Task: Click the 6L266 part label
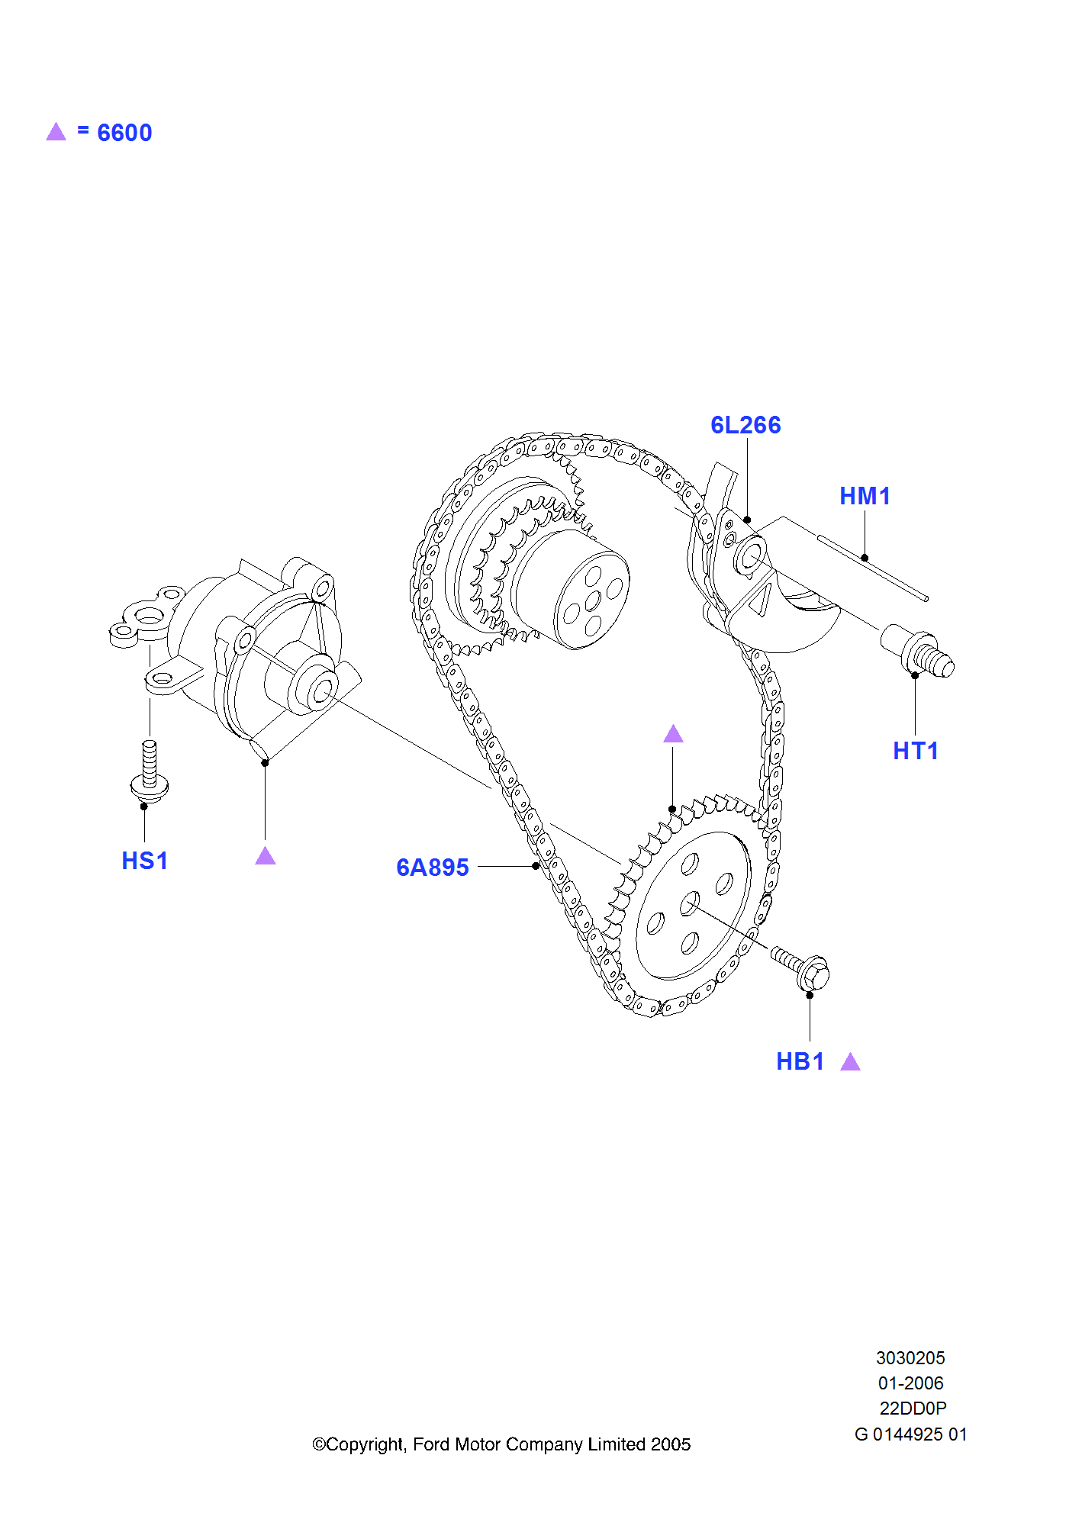tap(745, 425)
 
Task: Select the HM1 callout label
tap(865, 496)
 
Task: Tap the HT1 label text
tap(915, 751)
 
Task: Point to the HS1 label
tap(144, 861)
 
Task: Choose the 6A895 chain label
tap(432, 868)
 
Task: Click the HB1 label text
tap(800, 1061)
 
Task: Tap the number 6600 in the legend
tap(124, 133)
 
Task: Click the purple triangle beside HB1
tap(850, 1062)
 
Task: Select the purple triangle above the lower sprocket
tap(673, 734)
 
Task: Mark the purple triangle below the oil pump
tap(266, 856)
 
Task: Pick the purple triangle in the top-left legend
tap(56, 132)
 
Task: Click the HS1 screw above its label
tap(150, 771)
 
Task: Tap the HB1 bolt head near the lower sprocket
tap(814, 974)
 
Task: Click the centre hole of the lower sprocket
tap(690, 903)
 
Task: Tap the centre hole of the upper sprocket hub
tap(593, 602)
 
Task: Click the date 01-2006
tap(910, 1383)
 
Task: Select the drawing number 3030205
tap(910, 1358)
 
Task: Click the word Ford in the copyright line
tap(433, 1444)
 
